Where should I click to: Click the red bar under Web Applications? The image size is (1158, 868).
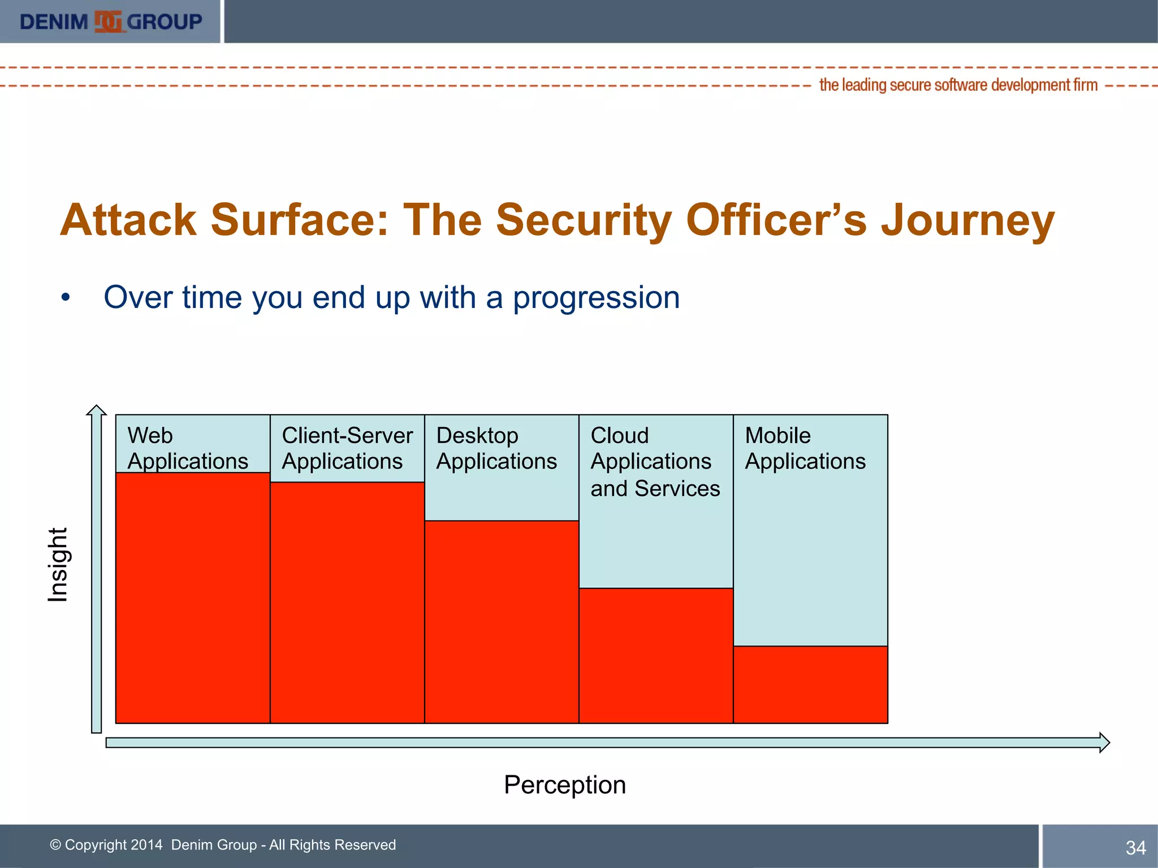click(x=192, y=597)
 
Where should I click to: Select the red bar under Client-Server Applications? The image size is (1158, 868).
click(x=347, y=602)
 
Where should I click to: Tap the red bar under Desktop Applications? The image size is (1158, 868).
click(x=502, y=622)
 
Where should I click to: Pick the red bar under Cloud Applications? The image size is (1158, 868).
click(x=656, y=656)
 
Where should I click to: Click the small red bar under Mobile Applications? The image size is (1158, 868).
click(x=810, y=684)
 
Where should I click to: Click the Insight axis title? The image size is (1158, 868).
click(x=58, y=565)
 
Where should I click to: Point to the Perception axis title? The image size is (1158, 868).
click(x=564, y=785)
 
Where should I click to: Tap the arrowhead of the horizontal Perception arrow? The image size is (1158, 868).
click(x=1104, y=743)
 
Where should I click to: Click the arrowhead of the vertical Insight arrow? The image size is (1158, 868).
click(x=97, y=411)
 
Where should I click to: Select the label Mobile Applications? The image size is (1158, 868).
click(x=805, y=448)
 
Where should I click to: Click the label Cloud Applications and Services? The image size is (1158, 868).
click(x=655, y=462)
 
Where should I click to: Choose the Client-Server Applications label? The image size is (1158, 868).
click(x=347, y=448)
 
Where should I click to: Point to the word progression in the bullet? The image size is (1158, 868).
click(x=596, y=298)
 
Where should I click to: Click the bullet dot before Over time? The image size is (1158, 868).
click(x=66, y=298)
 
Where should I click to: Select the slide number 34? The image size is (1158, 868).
click(x=1135, y=848)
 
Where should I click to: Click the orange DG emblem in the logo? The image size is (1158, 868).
click(x=107, y=22)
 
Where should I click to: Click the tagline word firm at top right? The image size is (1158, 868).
click(x=1085, y=85)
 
